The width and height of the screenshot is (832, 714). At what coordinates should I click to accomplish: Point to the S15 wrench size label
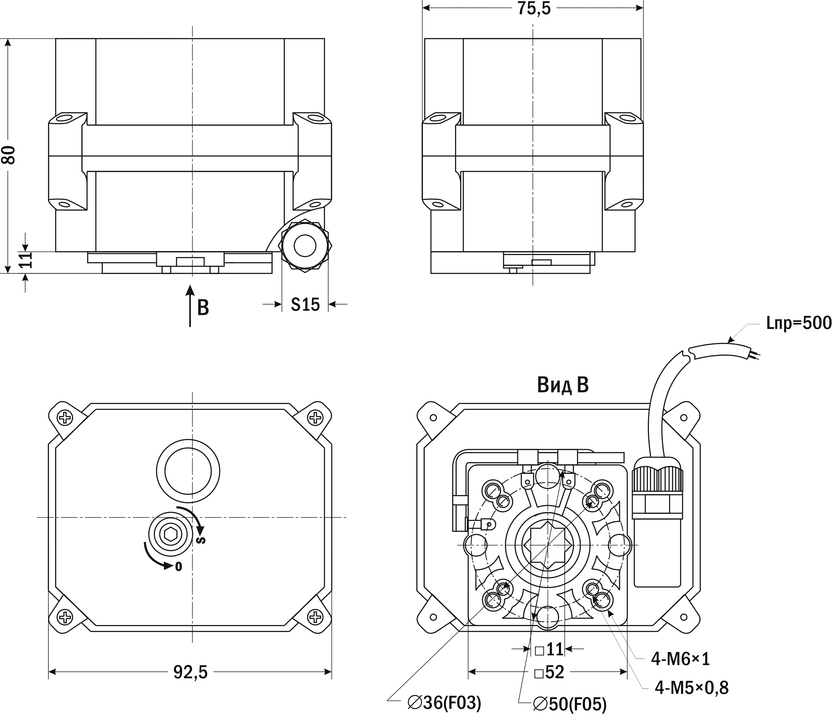click(x=305, y=304)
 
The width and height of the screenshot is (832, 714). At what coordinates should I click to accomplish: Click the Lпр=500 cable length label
click(x=798, y=334)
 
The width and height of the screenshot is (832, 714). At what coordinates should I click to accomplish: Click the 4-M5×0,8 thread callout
click(x=692, y=688)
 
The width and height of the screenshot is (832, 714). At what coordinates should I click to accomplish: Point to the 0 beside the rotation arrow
click(x=179, y=566)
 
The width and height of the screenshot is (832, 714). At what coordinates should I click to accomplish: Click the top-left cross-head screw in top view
click(x=64, y=418)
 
